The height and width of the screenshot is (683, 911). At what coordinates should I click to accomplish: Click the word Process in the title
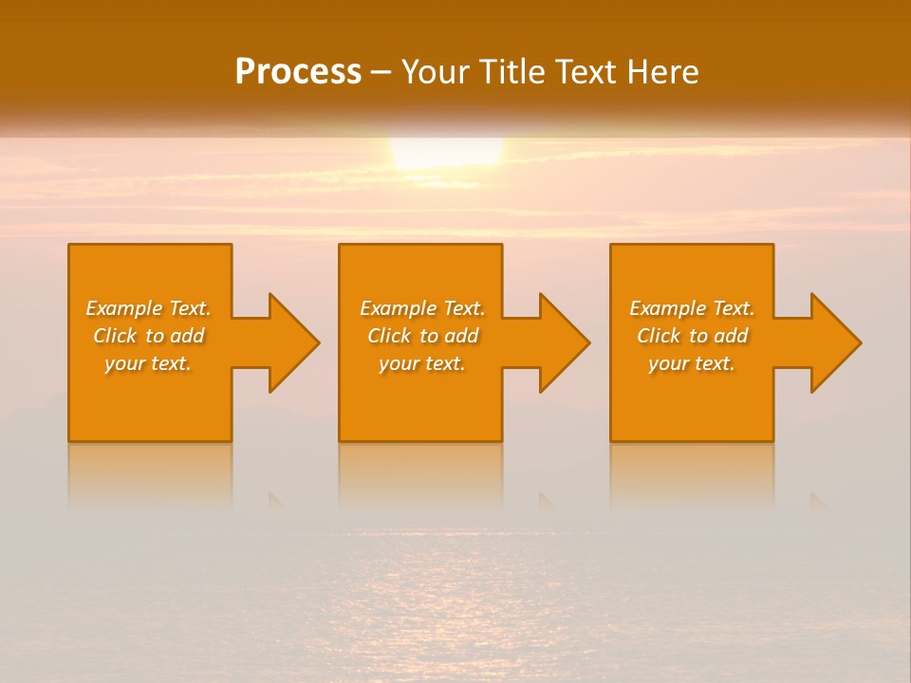point(298,72)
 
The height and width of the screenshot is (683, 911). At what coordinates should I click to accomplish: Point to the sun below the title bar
point(446,153)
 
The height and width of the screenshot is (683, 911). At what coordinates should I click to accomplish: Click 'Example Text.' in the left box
point(148,308)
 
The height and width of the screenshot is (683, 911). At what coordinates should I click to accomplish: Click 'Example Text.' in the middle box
point(422,308)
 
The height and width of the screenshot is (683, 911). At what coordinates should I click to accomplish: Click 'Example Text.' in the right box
point(692,308)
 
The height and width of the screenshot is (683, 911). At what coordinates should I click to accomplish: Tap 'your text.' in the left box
point(148,363)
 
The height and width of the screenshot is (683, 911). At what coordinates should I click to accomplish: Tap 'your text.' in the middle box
point(422,363)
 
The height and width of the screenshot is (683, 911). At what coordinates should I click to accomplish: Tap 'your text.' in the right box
point(692,363)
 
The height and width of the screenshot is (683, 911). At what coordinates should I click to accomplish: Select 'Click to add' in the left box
point(148,336)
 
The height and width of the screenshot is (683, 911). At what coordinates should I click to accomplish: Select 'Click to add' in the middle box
point(422,336)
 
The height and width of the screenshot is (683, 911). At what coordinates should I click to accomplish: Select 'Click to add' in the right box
point(692,336)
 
